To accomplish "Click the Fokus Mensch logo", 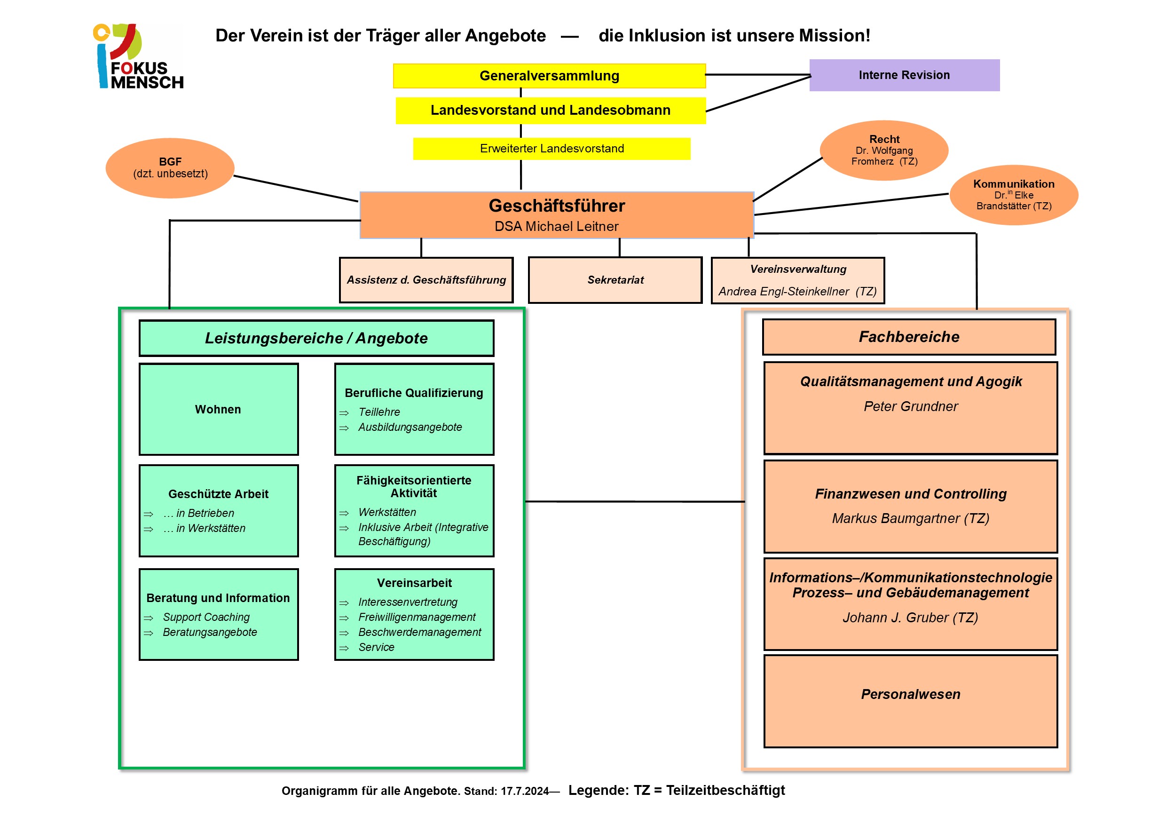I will click(138, 57).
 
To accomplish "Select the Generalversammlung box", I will click(549, 76).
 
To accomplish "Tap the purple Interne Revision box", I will click(904, 75).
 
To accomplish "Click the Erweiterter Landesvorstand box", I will click(551, 148).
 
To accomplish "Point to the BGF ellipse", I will click(170, 167).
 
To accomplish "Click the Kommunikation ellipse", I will click(1013, 195).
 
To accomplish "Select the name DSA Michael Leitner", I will click(556, 227).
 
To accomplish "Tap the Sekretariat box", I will click(615, 280).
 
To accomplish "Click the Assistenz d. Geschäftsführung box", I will click(426, 280).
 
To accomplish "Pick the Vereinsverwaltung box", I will click(797, 280).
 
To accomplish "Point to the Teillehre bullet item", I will click(379, 412).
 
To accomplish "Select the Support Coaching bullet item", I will click(206, 617).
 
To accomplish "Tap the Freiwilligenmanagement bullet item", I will click(417, 617).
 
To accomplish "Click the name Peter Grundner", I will click(910, 406).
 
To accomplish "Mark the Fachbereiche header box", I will click(908, 337).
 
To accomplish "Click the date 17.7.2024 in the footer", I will click(524, 791).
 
